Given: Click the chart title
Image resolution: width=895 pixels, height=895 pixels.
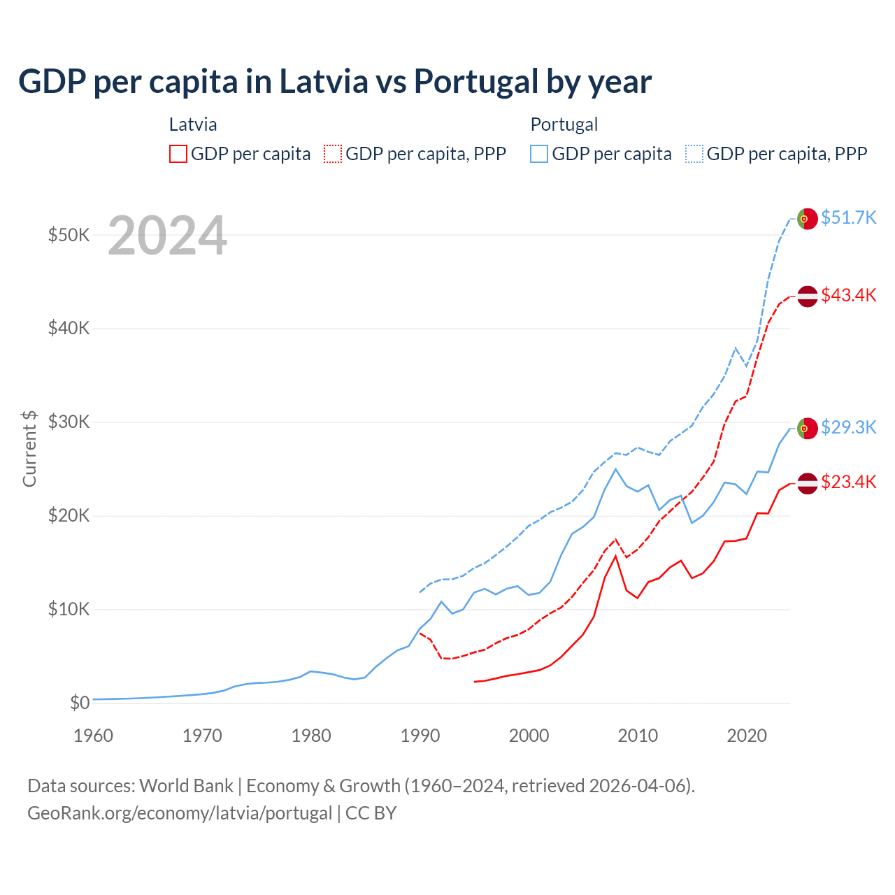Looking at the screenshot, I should coord(335,82).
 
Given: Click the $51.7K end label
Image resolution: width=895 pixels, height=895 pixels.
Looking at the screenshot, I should coord(848,217).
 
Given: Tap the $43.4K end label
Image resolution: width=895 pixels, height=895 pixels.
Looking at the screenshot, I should coord(848,295).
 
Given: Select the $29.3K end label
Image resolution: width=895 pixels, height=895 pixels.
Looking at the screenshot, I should coord(848,427).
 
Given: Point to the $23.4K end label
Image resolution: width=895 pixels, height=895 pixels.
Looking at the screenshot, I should coord(848,482).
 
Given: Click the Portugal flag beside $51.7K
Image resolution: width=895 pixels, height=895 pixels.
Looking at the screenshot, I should coord(807,218).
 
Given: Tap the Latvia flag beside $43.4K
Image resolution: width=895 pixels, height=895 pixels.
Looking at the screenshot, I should coord(807,296).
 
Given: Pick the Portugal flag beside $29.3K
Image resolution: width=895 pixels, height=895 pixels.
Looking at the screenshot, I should coord(807,428).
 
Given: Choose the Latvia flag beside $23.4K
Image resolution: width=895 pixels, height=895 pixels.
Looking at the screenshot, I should coord(807,482).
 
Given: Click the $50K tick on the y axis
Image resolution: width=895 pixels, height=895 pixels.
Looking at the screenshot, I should coord(69,235).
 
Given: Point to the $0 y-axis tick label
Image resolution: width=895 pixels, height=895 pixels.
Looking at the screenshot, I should coord(80,703).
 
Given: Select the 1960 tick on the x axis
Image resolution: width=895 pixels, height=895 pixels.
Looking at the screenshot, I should coord(93,736).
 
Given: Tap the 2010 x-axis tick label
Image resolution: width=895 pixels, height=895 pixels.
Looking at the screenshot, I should coord(638,736).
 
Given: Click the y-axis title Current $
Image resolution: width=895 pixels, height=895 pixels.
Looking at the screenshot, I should coord(29,448).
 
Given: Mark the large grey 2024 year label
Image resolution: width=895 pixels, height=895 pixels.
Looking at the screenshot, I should coord(167,236).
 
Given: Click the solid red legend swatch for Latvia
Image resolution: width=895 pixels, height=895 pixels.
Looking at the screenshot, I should coord(178,154).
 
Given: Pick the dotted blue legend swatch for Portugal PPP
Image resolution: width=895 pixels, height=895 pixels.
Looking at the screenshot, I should coord(694,154).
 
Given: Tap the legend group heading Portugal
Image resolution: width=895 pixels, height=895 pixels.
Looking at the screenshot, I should coord(564,124).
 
